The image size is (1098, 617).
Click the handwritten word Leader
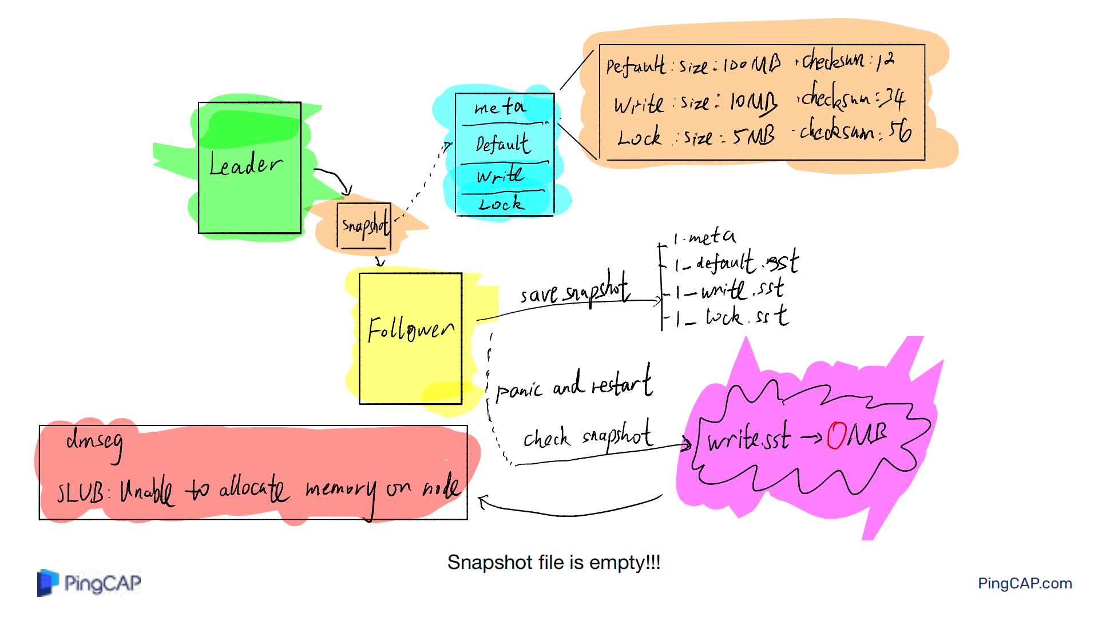[245, 165]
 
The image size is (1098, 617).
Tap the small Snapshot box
[364, 226]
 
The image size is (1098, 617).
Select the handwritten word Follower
[410, 330]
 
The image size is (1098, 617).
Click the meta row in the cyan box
[500, 108]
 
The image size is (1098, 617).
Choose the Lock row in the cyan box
[501, 204]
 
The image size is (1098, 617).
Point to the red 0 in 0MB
[837, 436]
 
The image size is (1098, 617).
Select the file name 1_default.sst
[736, 263]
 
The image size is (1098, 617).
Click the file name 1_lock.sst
[732, 316]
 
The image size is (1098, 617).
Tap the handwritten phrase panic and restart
[574, 385]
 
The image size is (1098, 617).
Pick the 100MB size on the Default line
[751, 65]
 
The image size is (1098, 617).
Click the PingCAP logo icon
[48, 583]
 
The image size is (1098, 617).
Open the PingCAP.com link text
[1024, 583]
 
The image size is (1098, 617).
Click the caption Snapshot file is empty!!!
[553, 563]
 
